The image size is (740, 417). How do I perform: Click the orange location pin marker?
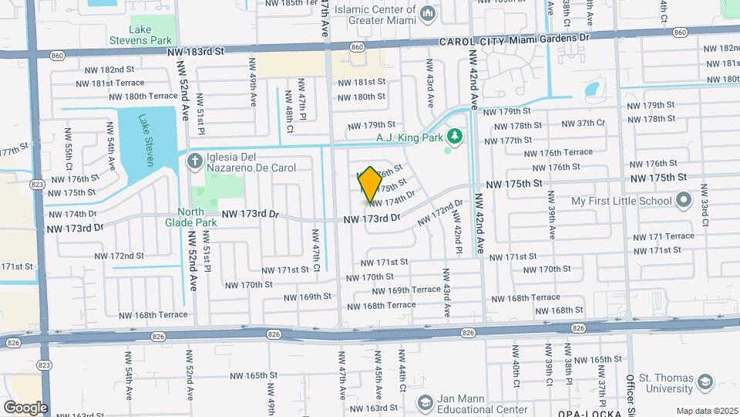tap(370, 185)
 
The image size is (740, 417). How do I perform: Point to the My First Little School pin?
tap(683, 202)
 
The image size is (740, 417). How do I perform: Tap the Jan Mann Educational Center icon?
tap(425, 403)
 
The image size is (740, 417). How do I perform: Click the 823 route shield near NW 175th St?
tap(37, 184)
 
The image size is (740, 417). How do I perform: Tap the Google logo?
tap(25, 407)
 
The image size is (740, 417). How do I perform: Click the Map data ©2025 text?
tap(706, 411)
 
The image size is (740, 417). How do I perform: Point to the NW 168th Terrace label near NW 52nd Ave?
tap(153, 315)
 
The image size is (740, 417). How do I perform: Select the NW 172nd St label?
tap(119, 256)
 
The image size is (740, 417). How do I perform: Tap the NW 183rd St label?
tap(195, 51)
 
